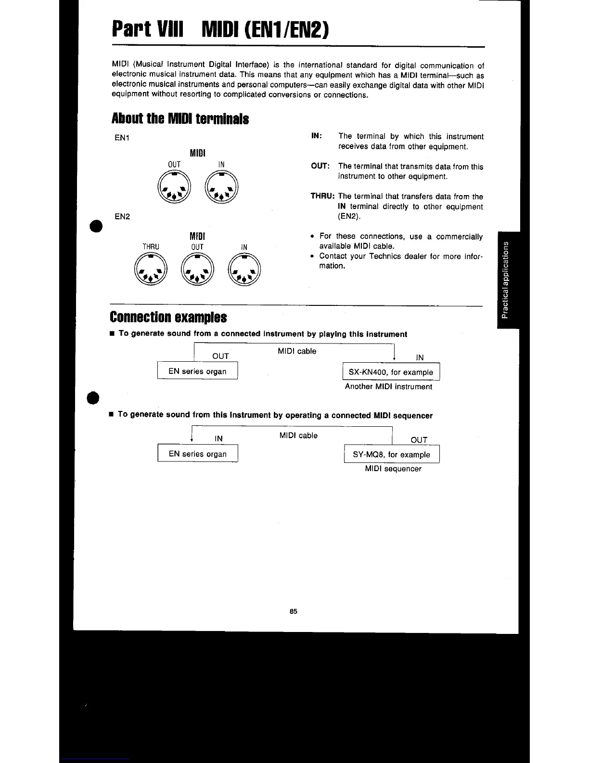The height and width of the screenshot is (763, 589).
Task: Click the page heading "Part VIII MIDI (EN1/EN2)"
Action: coord(221,30)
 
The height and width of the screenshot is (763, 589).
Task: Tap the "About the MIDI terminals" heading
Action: coord(180,118)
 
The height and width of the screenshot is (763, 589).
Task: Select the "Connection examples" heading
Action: coord(168,317)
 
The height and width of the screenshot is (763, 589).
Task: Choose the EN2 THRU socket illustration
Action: coord(151,270)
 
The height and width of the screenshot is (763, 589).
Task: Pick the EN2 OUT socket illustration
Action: coord(197,270)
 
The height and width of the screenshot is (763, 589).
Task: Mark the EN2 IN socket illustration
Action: coord(244,270)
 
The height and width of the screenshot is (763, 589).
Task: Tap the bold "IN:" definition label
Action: coord(317,136)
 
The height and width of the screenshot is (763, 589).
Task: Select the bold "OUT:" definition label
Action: coord(320,166)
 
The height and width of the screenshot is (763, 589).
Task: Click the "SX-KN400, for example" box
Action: coord(391,372)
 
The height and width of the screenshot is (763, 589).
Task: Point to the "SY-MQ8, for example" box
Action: coord(392,454)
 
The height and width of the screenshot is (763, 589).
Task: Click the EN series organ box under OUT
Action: coord(197,371)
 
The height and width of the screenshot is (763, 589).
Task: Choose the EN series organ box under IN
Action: coord(197,454)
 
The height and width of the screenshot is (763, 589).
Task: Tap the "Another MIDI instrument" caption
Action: coord(388,386)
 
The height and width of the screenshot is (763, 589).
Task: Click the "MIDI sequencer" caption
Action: coord(393,469)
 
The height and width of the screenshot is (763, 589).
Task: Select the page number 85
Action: coord(294,611)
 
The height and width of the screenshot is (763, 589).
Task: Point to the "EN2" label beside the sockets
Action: coord(122,216)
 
